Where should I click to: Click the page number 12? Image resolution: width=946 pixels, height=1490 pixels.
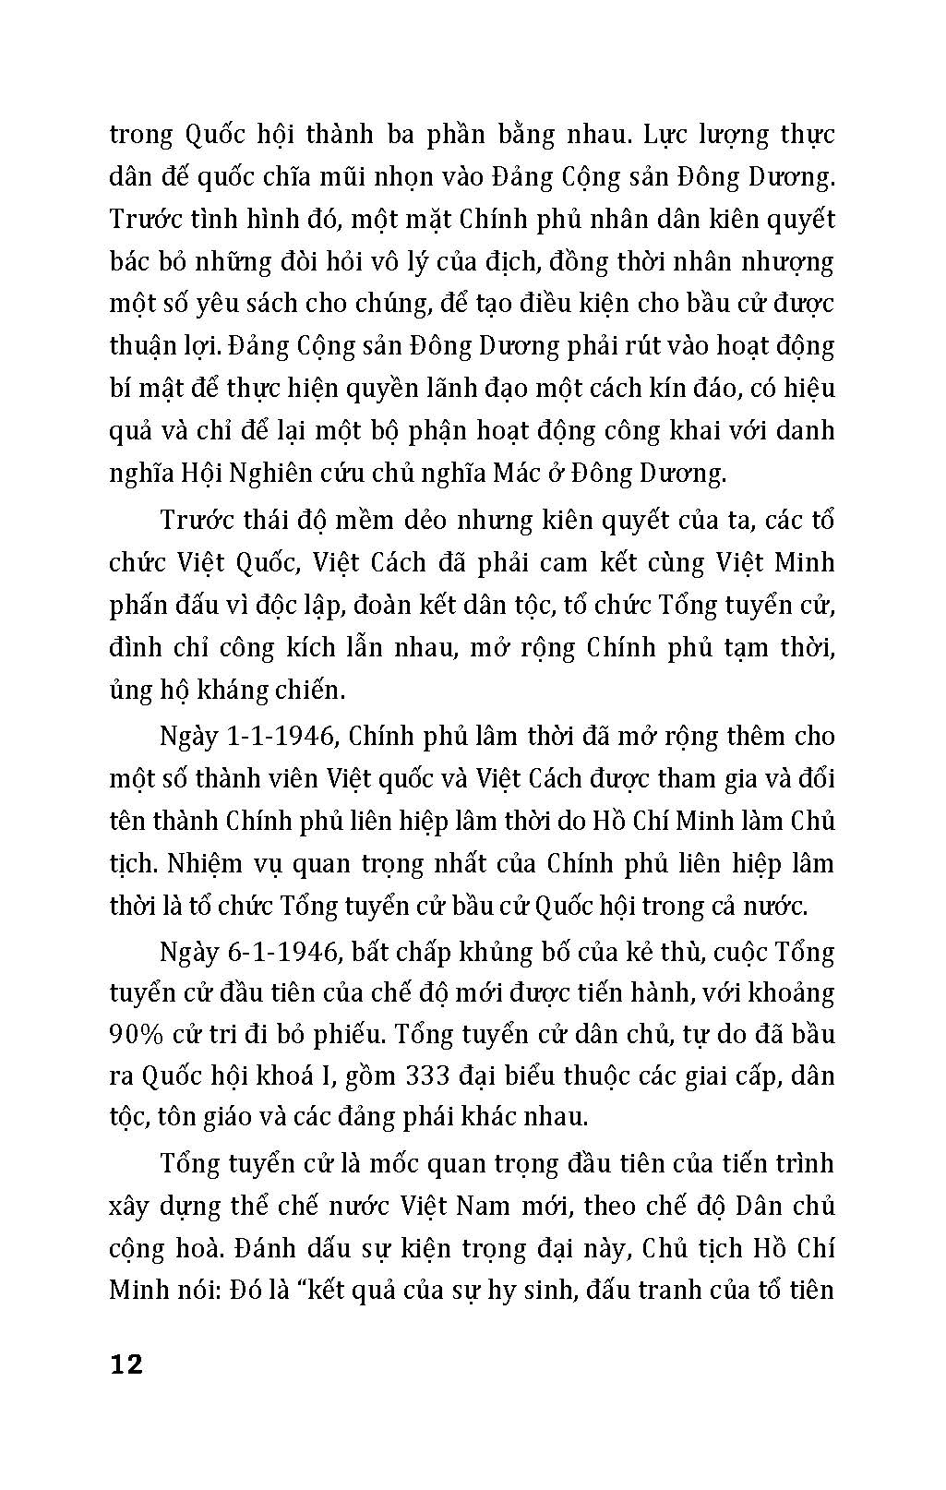[x=126, y=1364]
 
